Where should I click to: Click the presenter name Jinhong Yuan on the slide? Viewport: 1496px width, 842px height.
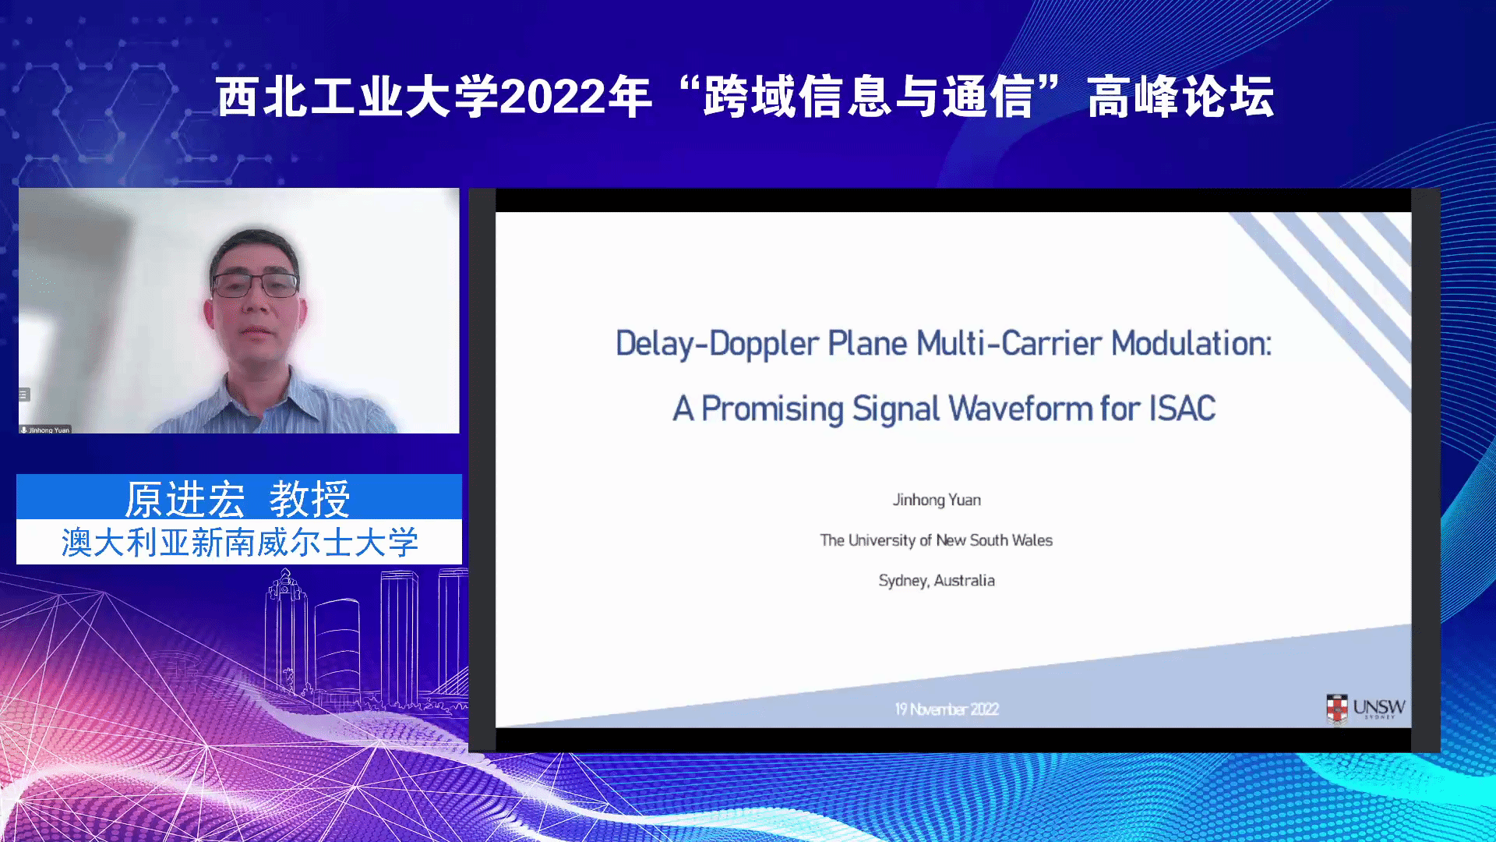937,500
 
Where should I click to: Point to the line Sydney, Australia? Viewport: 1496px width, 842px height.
937,581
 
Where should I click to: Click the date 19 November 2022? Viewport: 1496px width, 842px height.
947,709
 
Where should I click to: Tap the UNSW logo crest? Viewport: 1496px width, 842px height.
1337,709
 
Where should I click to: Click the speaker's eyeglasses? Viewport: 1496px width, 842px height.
256,285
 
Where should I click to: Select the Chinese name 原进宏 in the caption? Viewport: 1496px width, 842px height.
185,499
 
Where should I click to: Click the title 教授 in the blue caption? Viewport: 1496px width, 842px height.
309,499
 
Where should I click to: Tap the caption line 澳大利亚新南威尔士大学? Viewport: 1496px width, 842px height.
240,543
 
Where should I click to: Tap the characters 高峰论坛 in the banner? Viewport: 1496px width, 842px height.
1180,97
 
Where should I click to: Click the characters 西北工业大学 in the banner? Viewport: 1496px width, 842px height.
358,97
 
